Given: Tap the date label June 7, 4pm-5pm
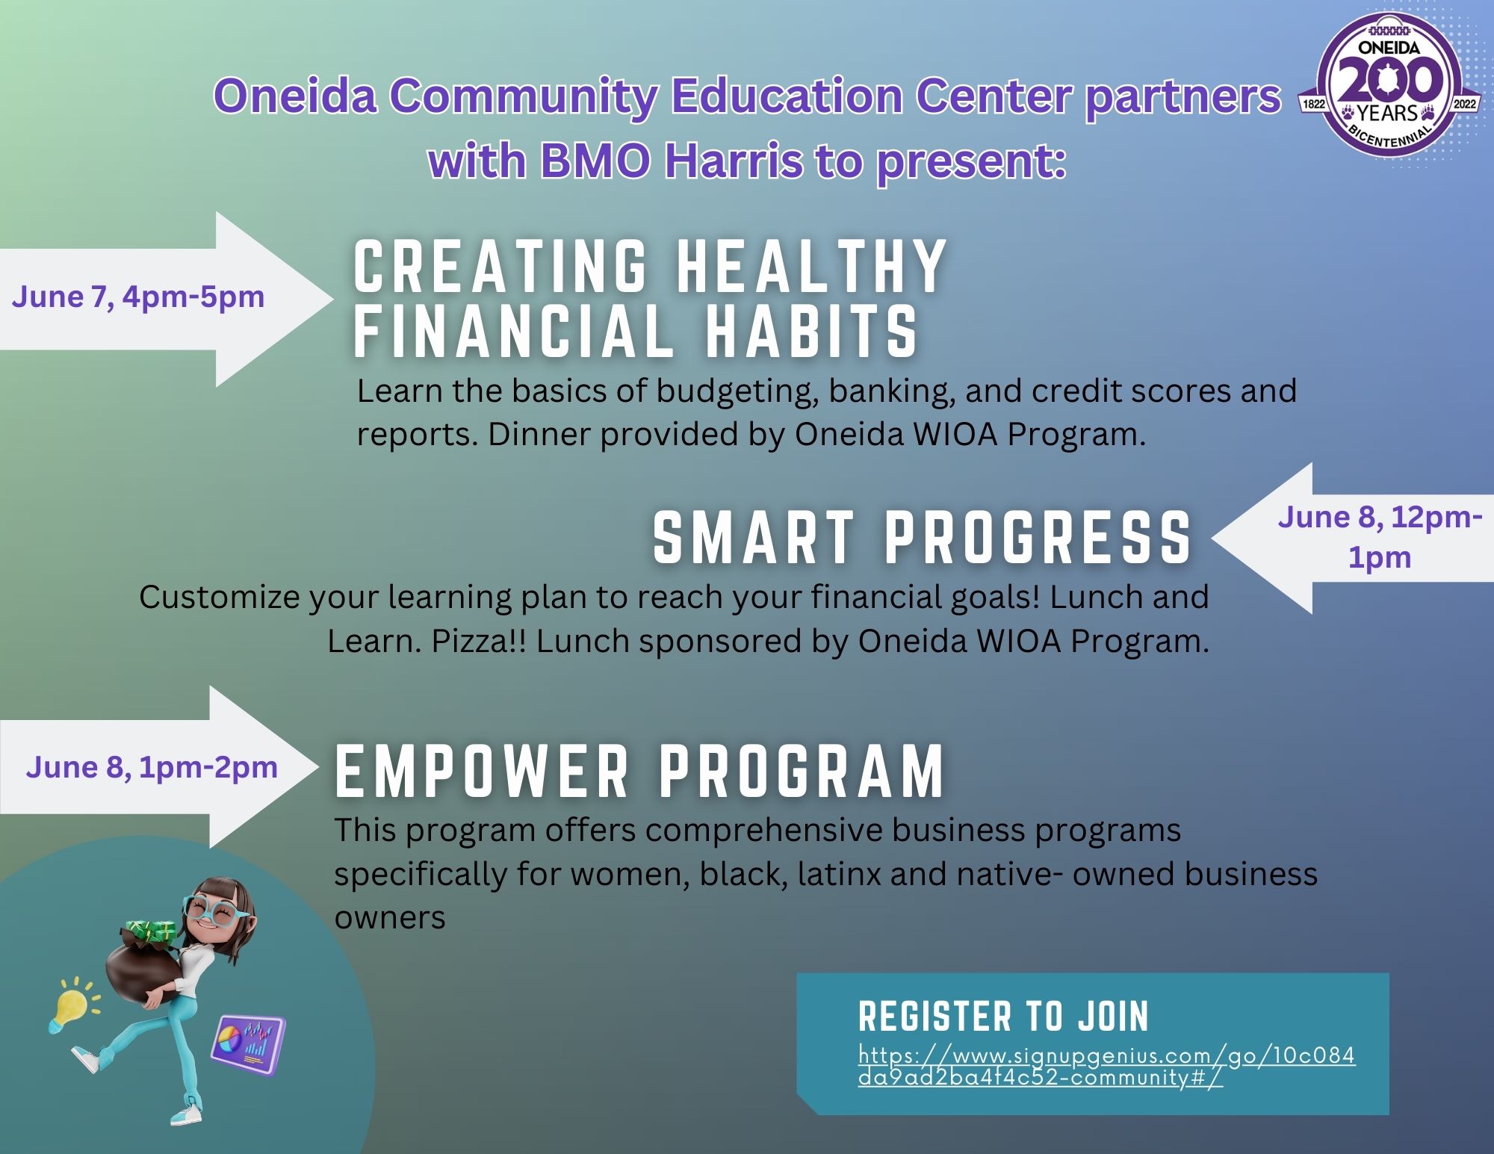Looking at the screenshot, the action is coord(138,297).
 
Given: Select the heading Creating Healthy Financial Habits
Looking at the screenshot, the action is coord(650,299).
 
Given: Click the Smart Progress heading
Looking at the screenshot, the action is coord(923,538).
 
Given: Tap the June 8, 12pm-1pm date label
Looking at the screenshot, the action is coord(1380,537).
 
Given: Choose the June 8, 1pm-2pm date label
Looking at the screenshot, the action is coord(152,768).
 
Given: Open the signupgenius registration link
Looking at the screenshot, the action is coord(1106,1067).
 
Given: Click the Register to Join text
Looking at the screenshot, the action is coord(1003,1017).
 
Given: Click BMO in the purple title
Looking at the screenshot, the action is coord(594,160).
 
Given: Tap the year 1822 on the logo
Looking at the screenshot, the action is coord(1313,104).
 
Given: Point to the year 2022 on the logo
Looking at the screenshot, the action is coord(1465,104).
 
